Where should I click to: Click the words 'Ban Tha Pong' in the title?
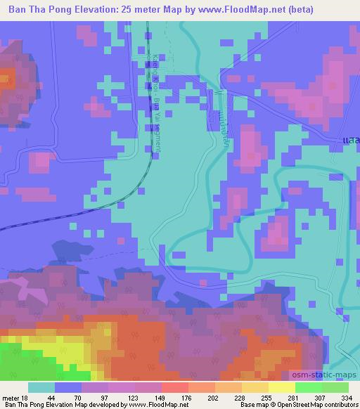click(39, 9)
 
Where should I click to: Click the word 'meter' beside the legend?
click(11, 397)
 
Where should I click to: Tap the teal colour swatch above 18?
click(41, 387)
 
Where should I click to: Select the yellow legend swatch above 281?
click(281, 387)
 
